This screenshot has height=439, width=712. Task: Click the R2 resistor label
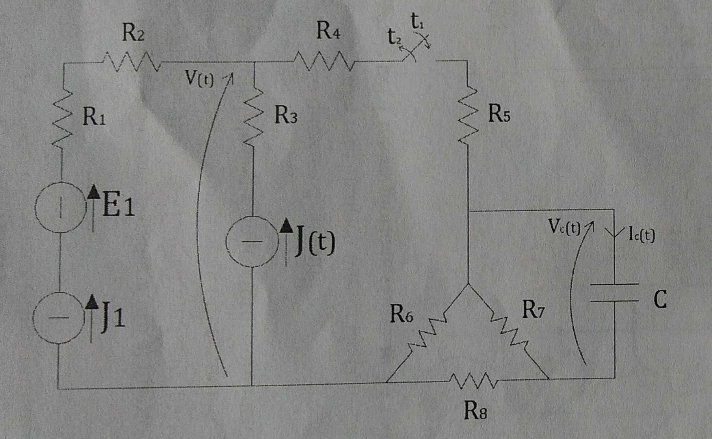[x=133, y=33]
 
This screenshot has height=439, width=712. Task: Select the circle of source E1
[x=60, y=207]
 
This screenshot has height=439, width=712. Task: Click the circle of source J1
[x=58, y=318]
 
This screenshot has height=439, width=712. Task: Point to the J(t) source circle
[x=252, y=241]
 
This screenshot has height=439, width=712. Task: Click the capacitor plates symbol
[x=615, y=293]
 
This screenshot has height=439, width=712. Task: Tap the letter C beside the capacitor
[x=660, y=300]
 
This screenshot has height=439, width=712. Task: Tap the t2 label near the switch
[x=394, y=37]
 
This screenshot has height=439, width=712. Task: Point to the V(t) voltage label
[x=199, y=79]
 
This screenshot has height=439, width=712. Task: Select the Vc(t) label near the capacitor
[x=564, y=227]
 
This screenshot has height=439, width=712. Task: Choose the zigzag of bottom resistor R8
[x=473, y=380]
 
